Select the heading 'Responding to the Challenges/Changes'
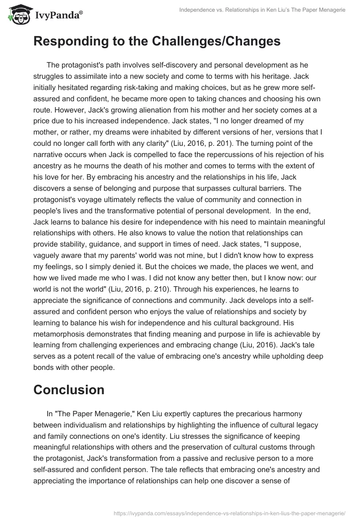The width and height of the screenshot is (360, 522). click(157, 41)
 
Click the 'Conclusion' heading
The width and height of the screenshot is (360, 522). click(69, 389)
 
